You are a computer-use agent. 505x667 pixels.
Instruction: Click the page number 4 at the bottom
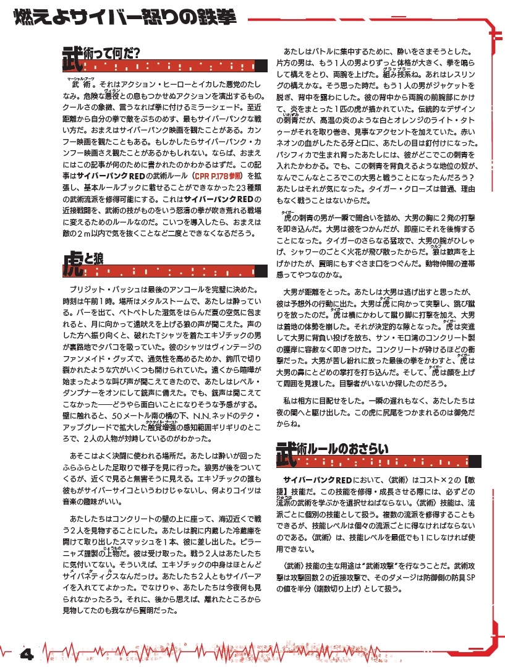(26, 653)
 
